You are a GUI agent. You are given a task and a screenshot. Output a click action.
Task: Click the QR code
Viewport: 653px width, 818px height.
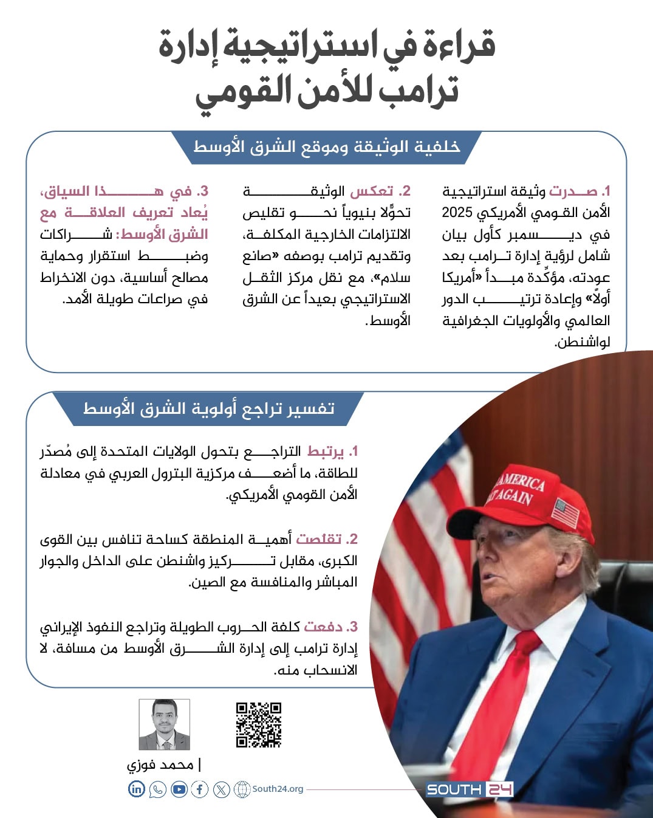[259, 724]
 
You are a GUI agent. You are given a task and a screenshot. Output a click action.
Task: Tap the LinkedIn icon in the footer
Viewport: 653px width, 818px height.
[137, 789]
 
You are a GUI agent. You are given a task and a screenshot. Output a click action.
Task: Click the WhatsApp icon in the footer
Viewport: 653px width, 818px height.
[157, 789]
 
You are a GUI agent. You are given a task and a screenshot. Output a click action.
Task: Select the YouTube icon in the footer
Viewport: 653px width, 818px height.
[179, 789]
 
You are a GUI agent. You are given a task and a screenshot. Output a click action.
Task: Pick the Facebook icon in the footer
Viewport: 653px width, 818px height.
[200, 789]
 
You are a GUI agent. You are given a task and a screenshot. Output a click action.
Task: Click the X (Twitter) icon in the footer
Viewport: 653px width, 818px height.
[221, 789]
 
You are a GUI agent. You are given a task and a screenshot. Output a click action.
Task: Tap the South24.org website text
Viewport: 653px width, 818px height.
[278, 789]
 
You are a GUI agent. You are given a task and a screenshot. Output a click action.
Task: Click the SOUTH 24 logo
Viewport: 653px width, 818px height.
[469, 789]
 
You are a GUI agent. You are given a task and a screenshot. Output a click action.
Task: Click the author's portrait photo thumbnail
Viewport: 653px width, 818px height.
[165, 724]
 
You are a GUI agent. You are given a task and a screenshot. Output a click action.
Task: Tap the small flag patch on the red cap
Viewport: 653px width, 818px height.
[566, 512]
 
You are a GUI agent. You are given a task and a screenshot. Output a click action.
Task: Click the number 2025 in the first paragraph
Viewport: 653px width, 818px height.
[457, 213]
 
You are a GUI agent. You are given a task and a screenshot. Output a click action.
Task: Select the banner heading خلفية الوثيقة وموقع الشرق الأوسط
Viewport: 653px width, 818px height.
[327, 147]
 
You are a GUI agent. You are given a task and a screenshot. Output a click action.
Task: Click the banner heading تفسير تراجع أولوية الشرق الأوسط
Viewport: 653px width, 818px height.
[209, 408]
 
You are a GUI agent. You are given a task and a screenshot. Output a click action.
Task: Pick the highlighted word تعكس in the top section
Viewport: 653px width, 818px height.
[372, 191]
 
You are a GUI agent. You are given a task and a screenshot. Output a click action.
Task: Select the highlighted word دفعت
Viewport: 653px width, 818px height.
[323, 627]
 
